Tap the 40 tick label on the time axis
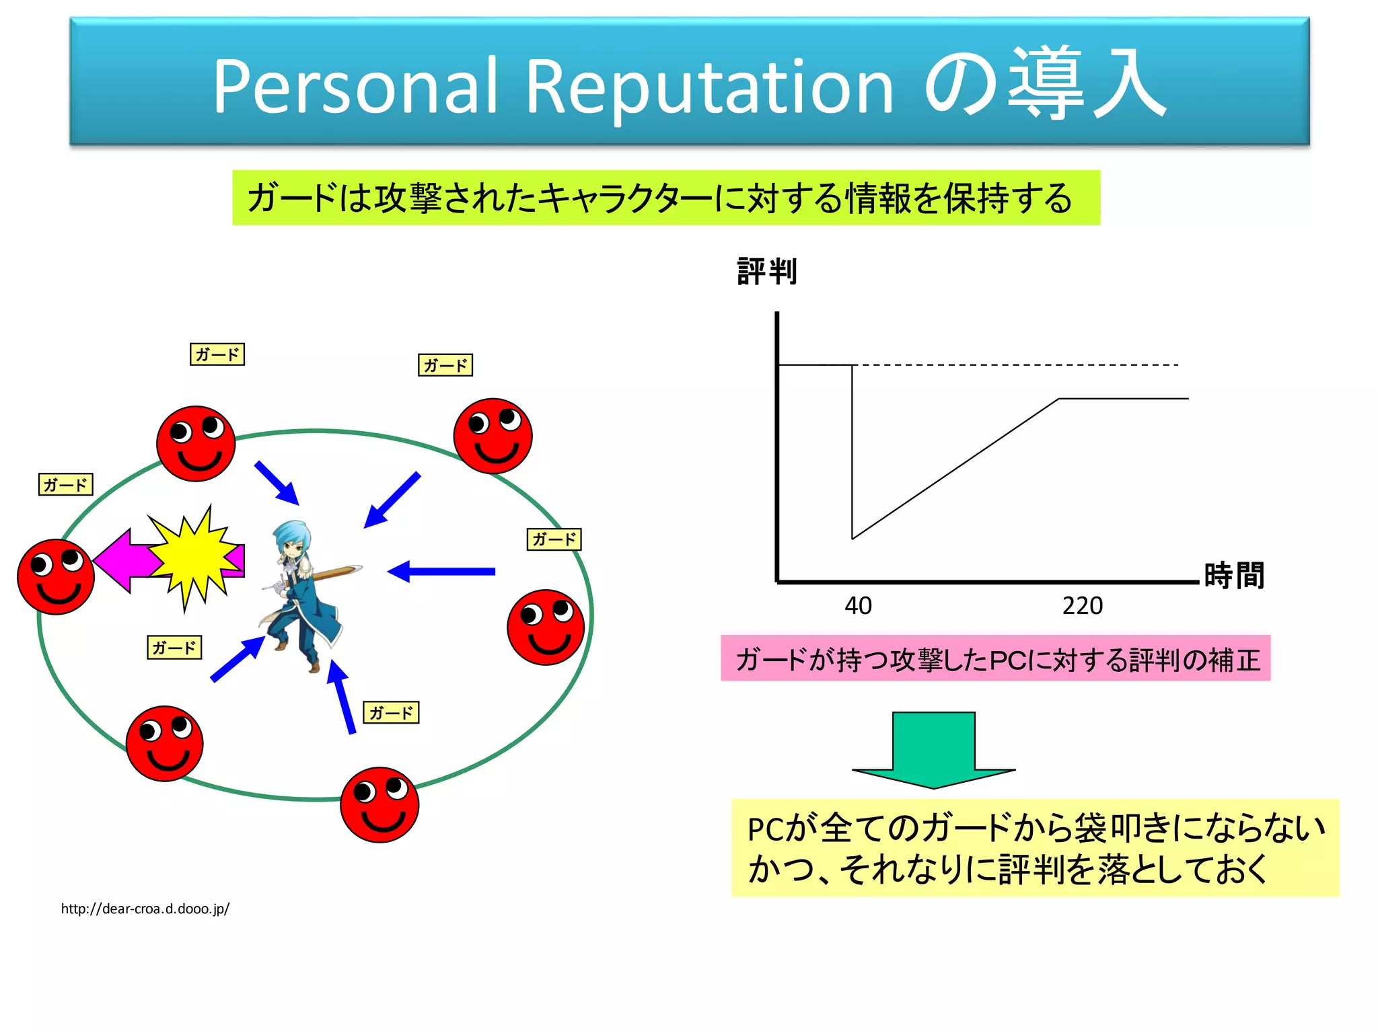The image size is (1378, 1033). [858, 606]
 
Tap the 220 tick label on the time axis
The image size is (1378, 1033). [1082, 606]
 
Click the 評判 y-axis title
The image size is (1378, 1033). [767, 272]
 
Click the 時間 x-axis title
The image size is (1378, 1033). [1234, 576]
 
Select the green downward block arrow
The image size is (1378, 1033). [933, 749]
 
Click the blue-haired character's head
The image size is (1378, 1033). [291, 539]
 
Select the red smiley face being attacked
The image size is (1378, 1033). [56, 576]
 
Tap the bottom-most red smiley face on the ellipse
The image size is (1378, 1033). [379, 804]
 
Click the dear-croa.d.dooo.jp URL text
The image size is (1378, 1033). [145, 909]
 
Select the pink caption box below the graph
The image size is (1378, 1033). [995, 658]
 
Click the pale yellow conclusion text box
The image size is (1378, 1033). [1035, 847]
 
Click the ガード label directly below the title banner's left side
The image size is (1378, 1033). [217, 354]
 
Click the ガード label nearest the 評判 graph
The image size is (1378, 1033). [554, 539]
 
